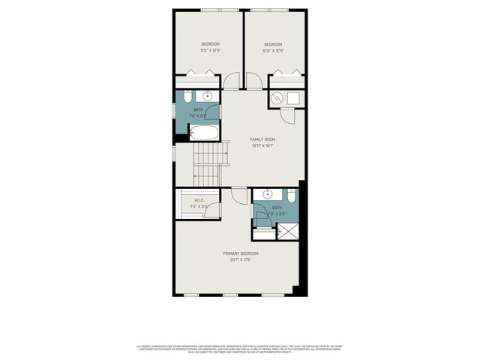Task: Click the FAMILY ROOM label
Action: (x=262, y=139)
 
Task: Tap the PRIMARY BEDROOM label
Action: (x=246, y=253)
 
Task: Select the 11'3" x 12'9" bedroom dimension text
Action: (x=211, y=51)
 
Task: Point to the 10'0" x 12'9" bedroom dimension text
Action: (x=273, y=51)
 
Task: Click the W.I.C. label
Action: (x=199, y=200)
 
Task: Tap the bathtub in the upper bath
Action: (x=203, y=133)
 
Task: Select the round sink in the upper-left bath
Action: (x=208, y=97)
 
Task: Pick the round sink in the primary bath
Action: (x=264, y=195)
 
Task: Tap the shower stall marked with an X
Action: (x=288, y=231)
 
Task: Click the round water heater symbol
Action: (x=277, y=98)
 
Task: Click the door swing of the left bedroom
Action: (x=231, y=80)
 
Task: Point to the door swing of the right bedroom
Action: (x=253, y=80)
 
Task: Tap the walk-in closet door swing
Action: (x=213, y=210)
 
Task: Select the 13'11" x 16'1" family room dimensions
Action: (x=262, y=146)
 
